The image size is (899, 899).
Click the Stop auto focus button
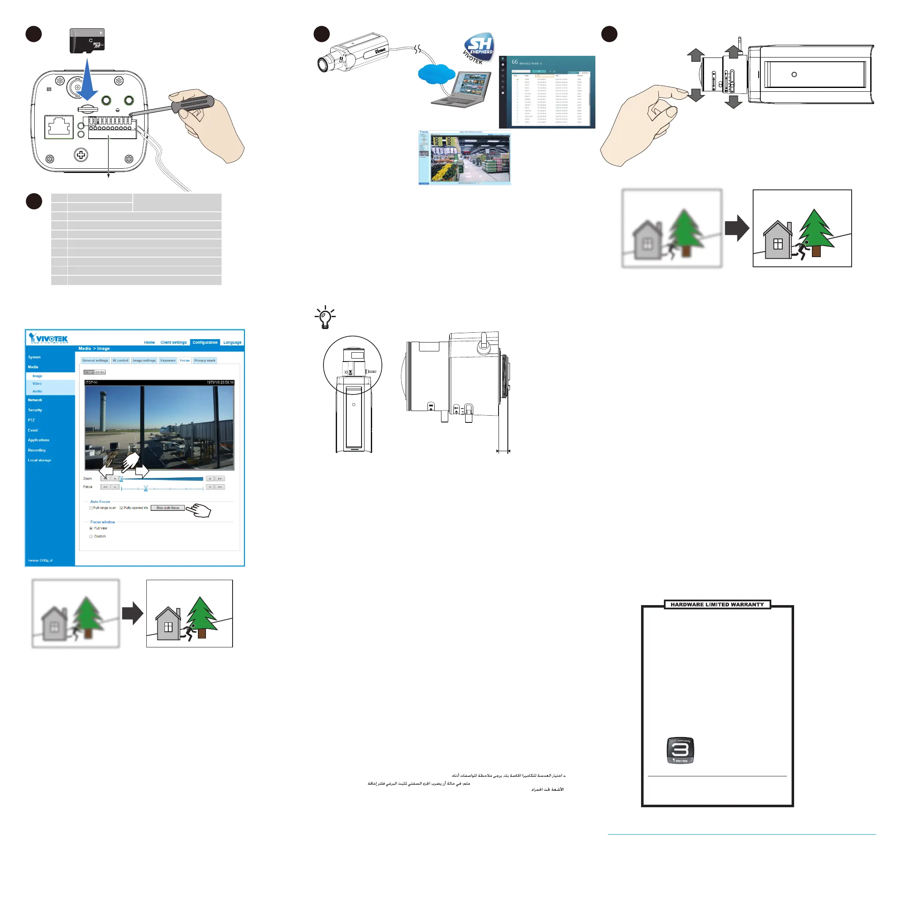[x=167, y=508]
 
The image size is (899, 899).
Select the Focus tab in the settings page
[x=185, y=360]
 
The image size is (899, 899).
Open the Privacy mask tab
[x=205, y=360]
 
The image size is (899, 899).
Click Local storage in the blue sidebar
[x=40, y=460]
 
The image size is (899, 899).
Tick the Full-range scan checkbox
[x=91, y=508]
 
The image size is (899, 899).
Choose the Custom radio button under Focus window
[x=91, y=537]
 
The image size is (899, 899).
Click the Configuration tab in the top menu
[x=205, y=343]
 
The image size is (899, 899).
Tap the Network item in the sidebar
[x=35, y=400]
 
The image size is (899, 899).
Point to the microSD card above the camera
[x=87, y=41]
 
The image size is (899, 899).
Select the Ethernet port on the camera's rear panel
[x=59, y=126]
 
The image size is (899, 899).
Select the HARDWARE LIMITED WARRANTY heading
[x=717, y=604]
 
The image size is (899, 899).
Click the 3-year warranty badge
[x=680, y=751]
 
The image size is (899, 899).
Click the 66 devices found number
[x=515, y=62]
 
